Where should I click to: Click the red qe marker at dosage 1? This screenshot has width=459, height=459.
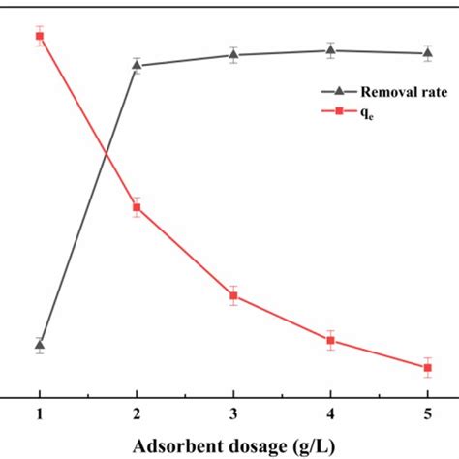[40, 36]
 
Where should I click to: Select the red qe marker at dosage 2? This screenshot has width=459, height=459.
[137, 207]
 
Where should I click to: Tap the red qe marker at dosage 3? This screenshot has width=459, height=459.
[233, 295]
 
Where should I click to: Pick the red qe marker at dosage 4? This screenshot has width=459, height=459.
[330, 340]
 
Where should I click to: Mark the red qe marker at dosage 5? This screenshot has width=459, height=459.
[427, 367]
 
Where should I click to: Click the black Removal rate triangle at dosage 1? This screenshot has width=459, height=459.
[40, 344]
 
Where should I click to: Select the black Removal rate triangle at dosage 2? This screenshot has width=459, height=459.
[137, 65]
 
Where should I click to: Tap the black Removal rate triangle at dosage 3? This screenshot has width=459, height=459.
[233, 54]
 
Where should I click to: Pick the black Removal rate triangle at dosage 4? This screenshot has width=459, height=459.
[330, 50]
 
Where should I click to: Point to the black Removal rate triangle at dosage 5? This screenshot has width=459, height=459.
[427, 52]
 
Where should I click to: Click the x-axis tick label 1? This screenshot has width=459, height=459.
[40, 414]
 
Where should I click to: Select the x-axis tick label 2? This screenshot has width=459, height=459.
[137, 414]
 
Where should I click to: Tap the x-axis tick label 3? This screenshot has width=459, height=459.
[233, 414]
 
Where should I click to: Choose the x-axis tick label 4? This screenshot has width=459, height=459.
[330, 414]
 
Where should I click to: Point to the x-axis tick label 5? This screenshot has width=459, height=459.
[427, 414]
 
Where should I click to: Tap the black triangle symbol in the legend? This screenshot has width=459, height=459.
[339, 91]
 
